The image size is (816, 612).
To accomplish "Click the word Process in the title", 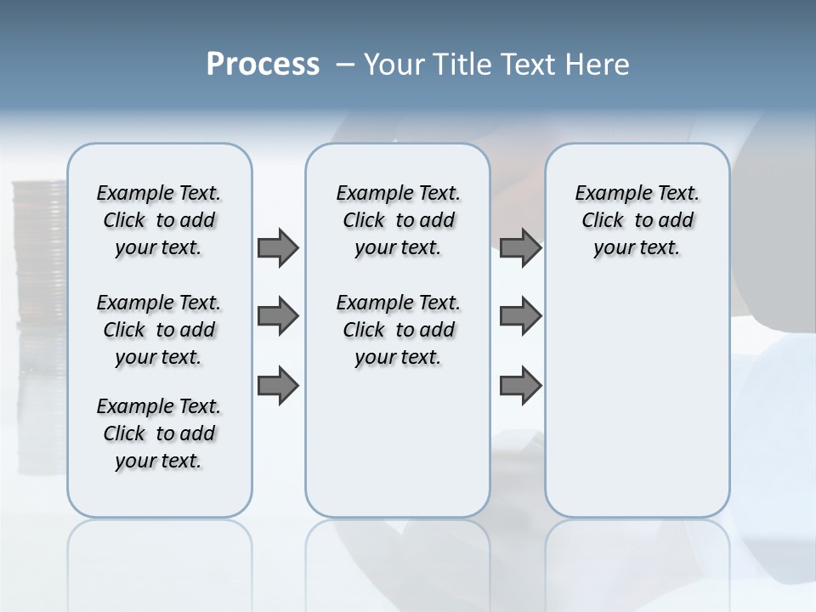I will click(x=263, y=65).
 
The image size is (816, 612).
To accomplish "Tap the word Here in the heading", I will click(x=599, y=65).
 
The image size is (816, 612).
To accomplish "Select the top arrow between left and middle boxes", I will click(x=278, y=248).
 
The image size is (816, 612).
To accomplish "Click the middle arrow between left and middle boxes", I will click(x=278, y=317).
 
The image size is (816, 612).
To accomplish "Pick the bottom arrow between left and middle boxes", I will click(x=278, y=386).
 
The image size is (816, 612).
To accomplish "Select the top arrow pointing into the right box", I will click(x=520, y=248).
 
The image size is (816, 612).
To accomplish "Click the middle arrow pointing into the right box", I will click(x=520, y=317).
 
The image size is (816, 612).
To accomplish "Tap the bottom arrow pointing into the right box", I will click(x=520, y=386).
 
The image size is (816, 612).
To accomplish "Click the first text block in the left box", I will click(x=158, y=221).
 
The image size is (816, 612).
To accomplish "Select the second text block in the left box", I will click(x=158, y=330).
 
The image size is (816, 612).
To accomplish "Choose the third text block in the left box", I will click(x=158, y=433).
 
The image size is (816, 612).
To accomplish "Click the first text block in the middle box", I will click(x=398, y=221).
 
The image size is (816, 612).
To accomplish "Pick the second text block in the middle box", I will click(x=398, y=330).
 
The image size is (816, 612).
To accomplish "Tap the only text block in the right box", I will click(x=637, y=221).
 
